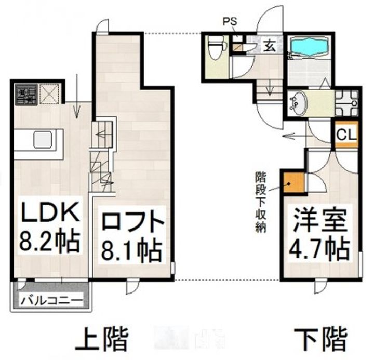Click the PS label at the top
point(229,22)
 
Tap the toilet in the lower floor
point(214,51)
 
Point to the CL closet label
point(346,134)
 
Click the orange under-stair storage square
point(289,182)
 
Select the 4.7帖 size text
point(319,250)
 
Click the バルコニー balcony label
point(51,300)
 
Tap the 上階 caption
point(102,340)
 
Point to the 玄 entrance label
point(271,45)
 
